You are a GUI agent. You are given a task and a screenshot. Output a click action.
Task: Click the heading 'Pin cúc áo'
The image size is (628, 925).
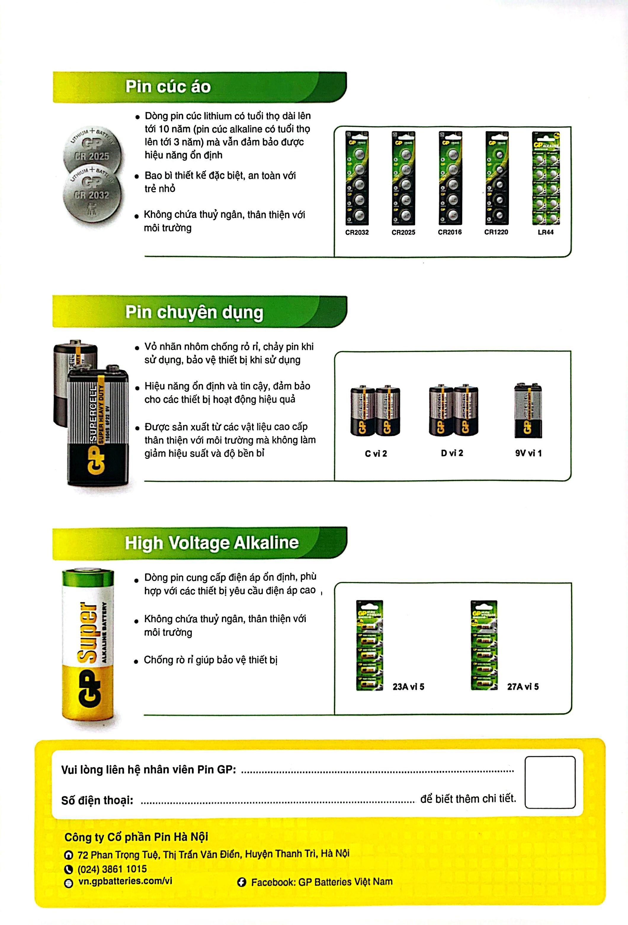[x=168, y=87]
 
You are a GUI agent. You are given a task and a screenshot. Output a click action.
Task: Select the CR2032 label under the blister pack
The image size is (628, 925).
[x=357, y=232]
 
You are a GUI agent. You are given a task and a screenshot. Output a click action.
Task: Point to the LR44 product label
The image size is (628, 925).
[x=546, y=232]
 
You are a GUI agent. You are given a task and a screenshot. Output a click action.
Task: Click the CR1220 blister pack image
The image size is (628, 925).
[x=496, y=178]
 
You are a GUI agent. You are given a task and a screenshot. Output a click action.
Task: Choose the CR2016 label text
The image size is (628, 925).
[x=450, y=232]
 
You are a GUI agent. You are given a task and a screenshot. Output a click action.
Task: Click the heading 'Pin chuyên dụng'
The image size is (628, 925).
[x=194, y=312]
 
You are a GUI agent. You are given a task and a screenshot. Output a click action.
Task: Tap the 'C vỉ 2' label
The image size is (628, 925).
[x=376, y=454]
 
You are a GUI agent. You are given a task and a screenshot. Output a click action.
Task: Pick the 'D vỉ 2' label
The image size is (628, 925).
[x=452, y=453]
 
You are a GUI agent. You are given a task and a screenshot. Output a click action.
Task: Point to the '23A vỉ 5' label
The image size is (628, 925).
[x=408, y=687]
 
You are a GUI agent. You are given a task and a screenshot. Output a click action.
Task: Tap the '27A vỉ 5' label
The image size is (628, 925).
[x=523, y=687]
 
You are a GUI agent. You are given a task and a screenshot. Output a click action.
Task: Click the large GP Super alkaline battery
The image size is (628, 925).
[x=88, y=645]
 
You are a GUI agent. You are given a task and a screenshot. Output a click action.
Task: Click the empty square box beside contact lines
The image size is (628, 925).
[x=550, y=782]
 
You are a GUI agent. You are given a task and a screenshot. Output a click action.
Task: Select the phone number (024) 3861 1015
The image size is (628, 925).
[x=112, y=868]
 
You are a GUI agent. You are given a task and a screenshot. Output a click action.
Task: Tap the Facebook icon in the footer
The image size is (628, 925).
[x=241, y=882]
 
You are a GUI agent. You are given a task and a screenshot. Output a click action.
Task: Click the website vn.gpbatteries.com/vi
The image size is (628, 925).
[x=125, y=881]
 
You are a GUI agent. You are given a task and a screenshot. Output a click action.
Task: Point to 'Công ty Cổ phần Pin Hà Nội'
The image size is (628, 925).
[x=136, y=837]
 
